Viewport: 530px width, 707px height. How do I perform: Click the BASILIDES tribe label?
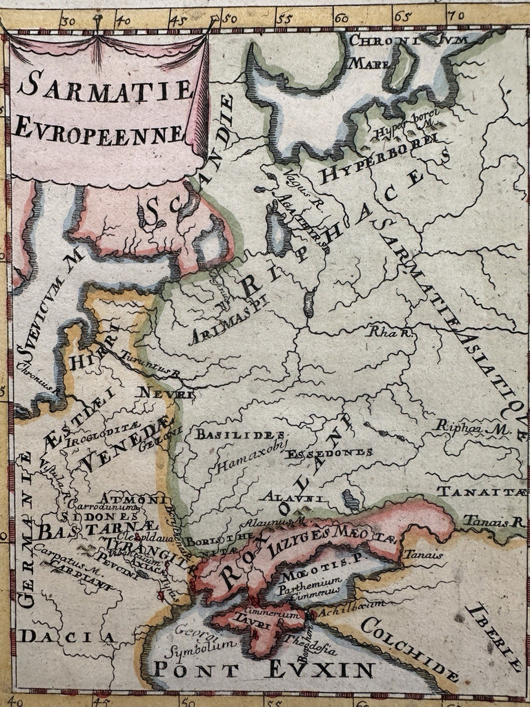[x=240, y=434]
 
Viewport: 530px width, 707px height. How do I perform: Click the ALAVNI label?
[x=288, y=496]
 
